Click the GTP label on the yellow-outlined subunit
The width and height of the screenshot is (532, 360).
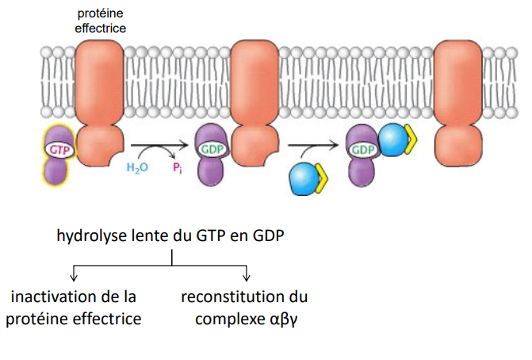point(57,148)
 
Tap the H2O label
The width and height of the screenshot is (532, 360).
point(138,168)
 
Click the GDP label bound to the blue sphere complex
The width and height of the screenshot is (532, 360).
point(362,148)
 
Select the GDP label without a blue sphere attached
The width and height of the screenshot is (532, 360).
point(210,148)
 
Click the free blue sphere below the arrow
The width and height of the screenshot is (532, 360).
point(302,177)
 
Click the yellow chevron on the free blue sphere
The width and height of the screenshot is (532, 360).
point(321,178)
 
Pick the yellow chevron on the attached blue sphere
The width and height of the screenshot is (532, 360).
point(411,142)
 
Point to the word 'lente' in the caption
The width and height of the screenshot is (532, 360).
point(147,236)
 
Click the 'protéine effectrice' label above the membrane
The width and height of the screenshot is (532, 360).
point(100,21)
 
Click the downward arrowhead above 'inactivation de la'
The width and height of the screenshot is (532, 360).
point(74,277)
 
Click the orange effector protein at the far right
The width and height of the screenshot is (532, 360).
point(461,102)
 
